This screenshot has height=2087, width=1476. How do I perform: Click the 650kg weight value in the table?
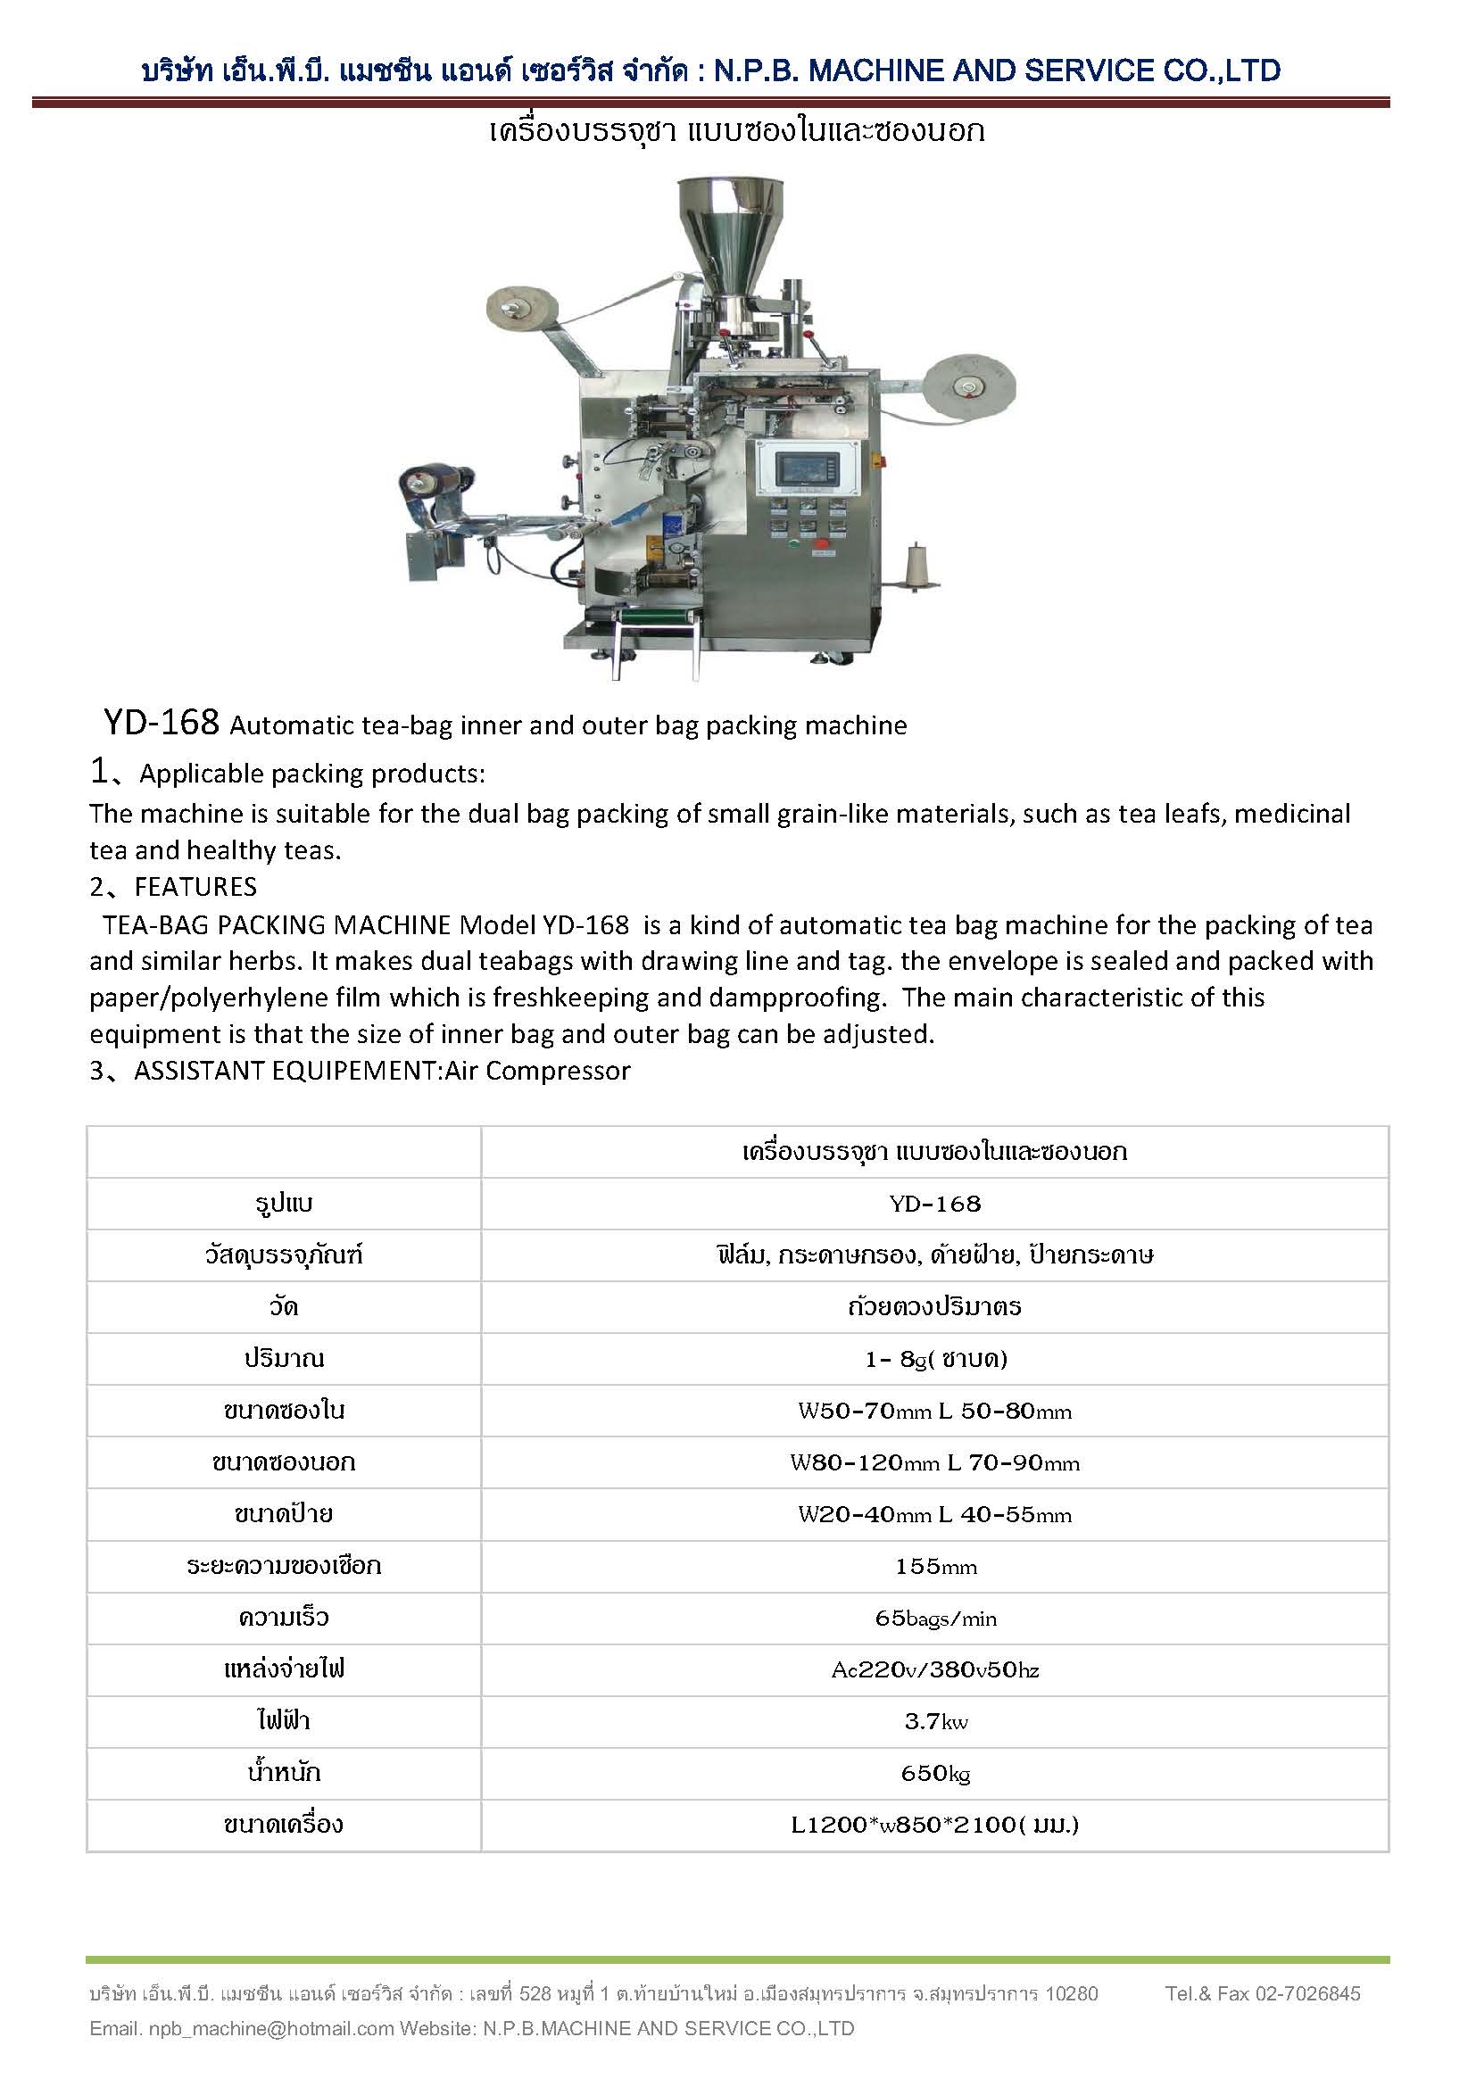(x=934, y=1773)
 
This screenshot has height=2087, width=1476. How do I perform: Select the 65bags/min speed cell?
(x=934, y=1618)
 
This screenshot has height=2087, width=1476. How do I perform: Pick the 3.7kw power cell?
(x=934, y=1720)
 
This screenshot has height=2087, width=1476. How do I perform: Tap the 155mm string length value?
(x=934, y=1566)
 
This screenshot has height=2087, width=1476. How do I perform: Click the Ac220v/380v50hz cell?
(x=934, y=1669)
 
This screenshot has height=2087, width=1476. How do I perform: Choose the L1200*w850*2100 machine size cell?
(x=934, y=1825)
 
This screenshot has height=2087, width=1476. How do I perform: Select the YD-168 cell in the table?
(x=934, y=1204)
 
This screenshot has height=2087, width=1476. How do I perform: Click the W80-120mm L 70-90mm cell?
(x=934, y=1462)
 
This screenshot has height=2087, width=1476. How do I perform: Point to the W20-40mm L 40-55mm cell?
(x=934, y=1514)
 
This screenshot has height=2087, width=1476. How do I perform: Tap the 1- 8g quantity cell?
(x=934, y=1359)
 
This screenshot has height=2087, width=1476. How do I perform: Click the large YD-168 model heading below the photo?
(x=161, y=723)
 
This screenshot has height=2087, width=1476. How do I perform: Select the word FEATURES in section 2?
(x=195, y=887)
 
